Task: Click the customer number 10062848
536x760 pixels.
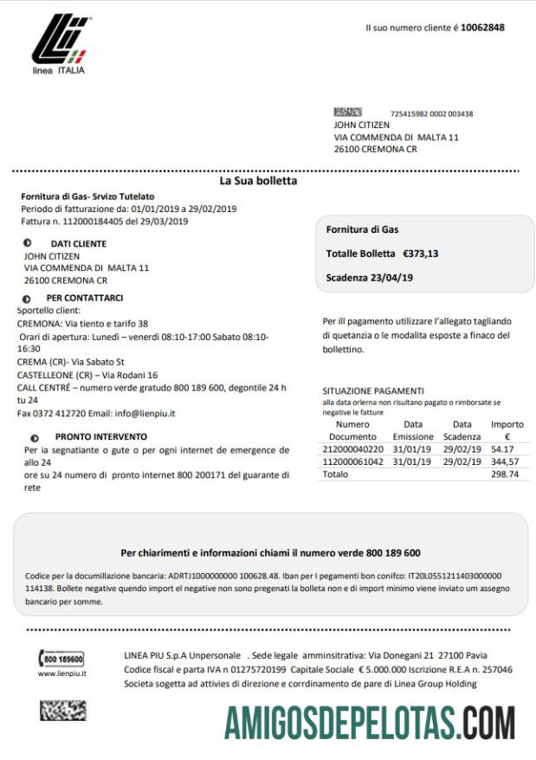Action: (x=482, y=28)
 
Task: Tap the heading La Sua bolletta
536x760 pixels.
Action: (x=258, y=182)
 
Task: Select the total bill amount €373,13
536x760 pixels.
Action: (x=420, y=254)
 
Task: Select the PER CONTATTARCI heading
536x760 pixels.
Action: (x=84, y=298)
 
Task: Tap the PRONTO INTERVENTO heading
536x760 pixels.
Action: (x=100, y=437)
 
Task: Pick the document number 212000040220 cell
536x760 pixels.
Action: (x=352, y=449)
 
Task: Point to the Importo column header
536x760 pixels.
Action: (x=507, y=424)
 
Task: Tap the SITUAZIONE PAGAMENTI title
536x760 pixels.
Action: (x=373, y=390)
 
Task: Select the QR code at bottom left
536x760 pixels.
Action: (x=62, y=711)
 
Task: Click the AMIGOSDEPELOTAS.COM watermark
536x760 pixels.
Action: (x=370, y=723)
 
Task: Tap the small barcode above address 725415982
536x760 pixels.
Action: (x=347, y=113)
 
